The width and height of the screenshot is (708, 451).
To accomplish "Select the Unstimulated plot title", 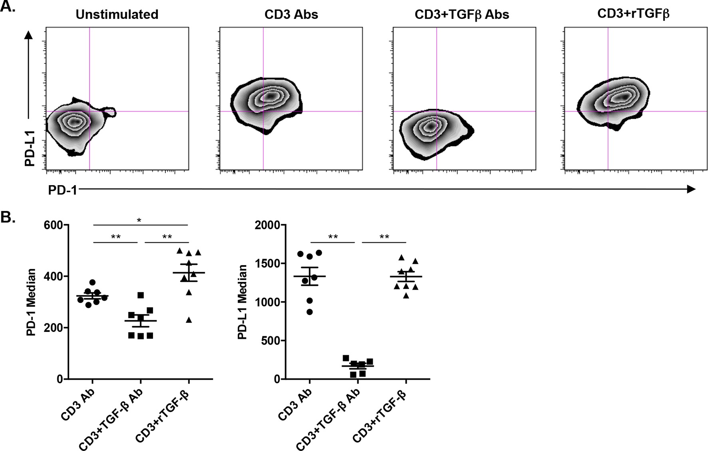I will pos(117,15).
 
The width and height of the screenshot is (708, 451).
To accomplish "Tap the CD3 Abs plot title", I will pos(291,15).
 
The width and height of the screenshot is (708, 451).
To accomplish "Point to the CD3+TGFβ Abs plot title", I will pos(462,15).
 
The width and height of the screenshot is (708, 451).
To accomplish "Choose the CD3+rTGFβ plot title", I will pos(633,14).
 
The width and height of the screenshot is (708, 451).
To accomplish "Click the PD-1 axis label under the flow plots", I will pos(63,190).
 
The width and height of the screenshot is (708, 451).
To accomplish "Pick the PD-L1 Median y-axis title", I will pos(243,302).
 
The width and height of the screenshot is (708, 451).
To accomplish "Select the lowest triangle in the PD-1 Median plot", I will pos(189,320).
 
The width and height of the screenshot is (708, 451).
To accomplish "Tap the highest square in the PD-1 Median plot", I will pos(140,295).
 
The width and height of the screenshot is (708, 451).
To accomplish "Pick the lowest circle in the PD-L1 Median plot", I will pos(309,312).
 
